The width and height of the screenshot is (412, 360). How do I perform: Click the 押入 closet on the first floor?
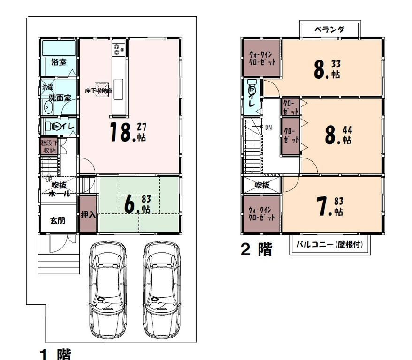coord(88,215)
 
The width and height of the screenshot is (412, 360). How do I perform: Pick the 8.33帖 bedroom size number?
coord(327,69)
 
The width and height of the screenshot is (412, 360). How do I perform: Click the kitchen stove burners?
coord(117,48)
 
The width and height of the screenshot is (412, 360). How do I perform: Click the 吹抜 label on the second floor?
coord(262,185)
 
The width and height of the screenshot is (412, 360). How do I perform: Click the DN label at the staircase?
coord(268,127)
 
